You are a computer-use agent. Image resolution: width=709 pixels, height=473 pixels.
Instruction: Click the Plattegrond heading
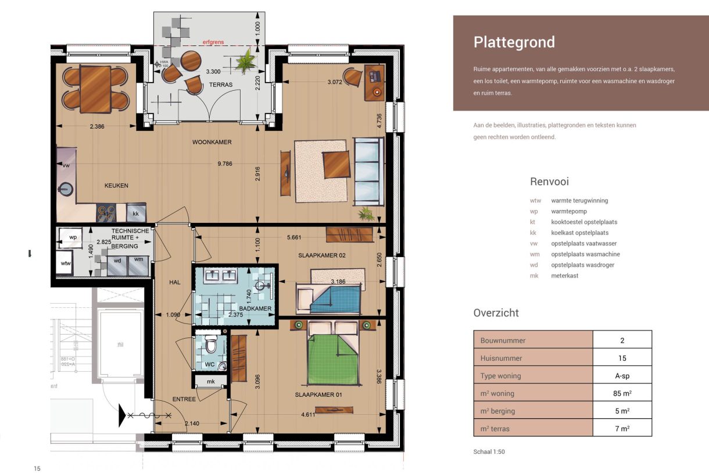[514, 42]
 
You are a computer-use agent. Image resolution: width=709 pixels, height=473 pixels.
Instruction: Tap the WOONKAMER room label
[212, 142]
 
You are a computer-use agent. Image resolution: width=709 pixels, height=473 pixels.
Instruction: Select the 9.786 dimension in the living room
[225, 164]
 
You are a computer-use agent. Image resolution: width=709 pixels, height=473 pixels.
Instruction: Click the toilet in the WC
[210, 347]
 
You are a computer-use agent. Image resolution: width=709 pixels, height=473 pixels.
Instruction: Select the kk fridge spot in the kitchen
[136, 214]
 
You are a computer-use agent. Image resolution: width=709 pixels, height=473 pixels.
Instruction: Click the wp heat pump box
[73, 238]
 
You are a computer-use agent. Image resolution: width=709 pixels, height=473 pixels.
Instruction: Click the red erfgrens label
[212, 42]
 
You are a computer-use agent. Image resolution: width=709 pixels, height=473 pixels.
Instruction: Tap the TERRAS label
[220, 85]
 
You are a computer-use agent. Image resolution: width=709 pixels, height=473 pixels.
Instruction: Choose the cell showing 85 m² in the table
[622, 393]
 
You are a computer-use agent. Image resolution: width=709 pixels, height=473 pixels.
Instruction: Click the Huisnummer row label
[501, 358]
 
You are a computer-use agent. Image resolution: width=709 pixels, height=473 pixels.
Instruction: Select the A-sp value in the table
[622, 376]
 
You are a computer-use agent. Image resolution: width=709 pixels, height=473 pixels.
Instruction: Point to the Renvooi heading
[549, 182]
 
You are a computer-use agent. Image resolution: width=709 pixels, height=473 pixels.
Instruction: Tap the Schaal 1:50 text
[489, 451]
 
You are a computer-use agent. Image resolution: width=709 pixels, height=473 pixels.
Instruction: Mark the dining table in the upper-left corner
[95, 89]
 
